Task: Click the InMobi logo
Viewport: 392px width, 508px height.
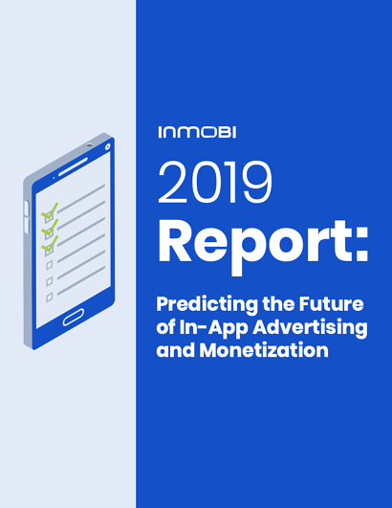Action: tap(197, 132)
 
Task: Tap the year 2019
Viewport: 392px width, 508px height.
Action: tap(215, 183)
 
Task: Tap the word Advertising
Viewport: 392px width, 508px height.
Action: tap(310, 328)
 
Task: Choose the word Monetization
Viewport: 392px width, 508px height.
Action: tap(264, 350)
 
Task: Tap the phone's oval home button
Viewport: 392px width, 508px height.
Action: tap(74, 317)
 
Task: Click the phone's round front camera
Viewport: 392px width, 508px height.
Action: tap(107, 147)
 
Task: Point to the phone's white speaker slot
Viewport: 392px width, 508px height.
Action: tap(74, 166)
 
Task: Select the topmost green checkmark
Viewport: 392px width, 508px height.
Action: tap(50, 210)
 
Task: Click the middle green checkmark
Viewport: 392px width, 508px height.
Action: tap(50, 227)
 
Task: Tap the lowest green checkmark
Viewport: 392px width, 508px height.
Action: tap(50, 244)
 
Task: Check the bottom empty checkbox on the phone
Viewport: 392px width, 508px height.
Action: tap(49, 298)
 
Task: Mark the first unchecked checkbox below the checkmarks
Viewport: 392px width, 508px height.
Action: tap(49, 266)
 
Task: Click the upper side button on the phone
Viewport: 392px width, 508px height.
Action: tap(27, 208)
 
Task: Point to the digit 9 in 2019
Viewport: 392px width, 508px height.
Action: tap(258, 183)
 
